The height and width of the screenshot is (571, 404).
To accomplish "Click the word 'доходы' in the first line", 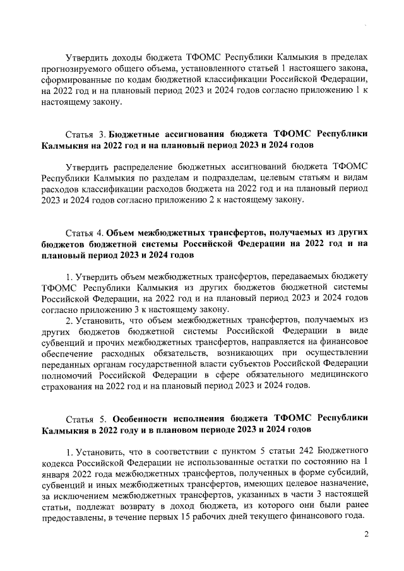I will [x=128, y=55].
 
